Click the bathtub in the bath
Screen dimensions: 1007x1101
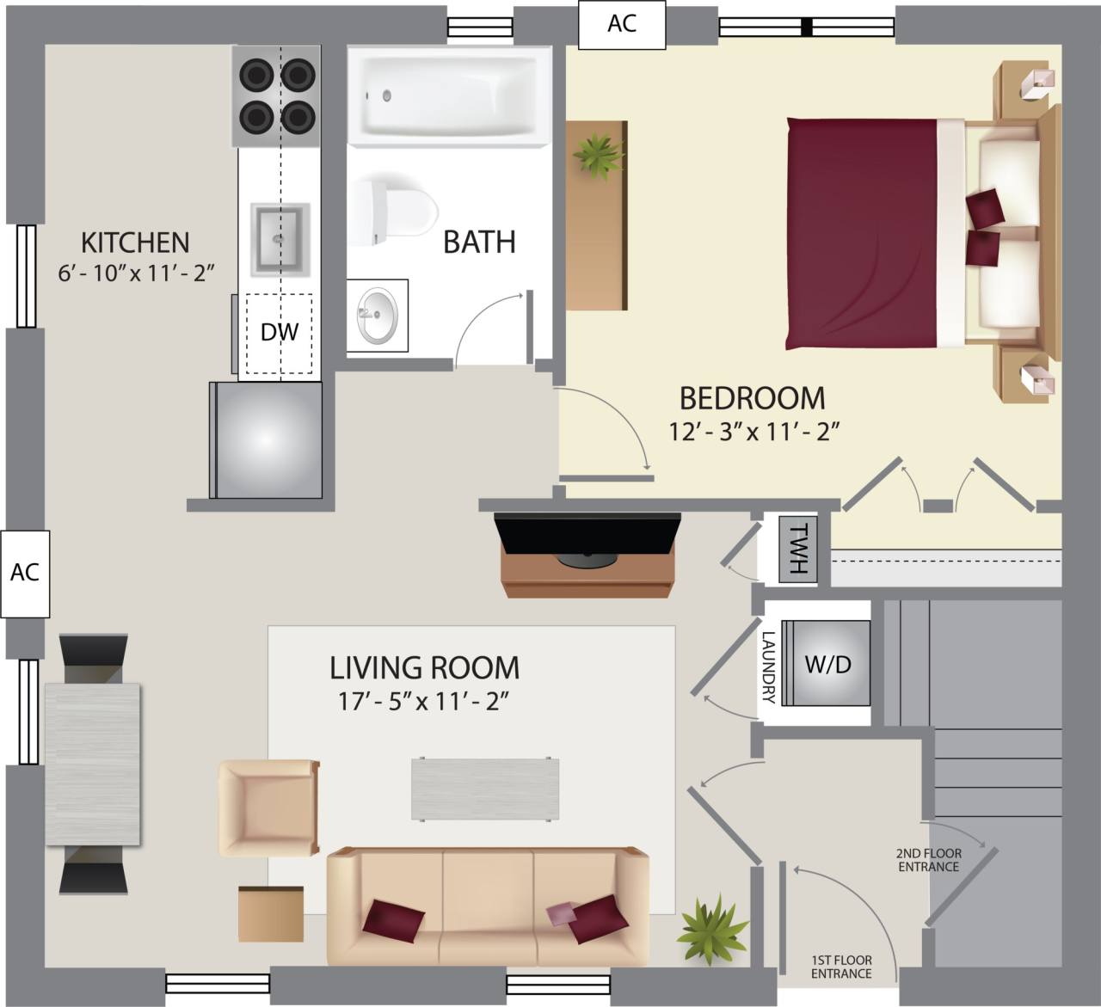tap(449, 94)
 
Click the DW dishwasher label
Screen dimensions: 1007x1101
tap(279, 333)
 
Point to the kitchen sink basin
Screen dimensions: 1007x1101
tap(279, 238)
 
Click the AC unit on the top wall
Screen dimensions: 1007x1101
tap(622, 24)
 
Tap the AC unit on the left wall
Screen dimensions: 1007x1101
tap(25, 573)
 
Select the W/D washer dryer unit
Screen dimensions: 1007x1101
tap(828, 664)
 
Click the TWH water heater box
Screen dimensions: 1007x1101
tap(798, 550)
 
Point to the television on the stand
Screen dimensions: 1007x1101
tap(587, 537)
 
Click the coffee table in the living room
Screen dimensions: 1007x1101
tap(485, 789)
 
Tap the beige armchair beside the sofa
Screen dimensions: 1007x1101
tap(268, 807)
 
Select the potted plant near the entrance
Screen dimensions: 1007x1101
tap(713, 931)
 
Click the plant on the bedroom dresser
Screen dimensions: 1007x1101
tap(599, 156)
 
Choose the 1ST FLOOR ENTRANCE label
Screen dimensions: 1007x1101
tap(841, 967)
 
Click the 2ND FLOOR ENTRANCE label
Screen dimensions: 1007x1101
tap(929, 860)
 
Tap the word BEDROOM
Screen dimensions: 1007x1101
tap(752, 398)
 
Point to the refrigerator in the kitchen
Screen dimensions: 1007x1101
tap(268, 440)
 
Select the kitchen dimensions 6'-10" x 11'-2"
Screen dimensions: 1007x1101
tap(135, 273)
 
